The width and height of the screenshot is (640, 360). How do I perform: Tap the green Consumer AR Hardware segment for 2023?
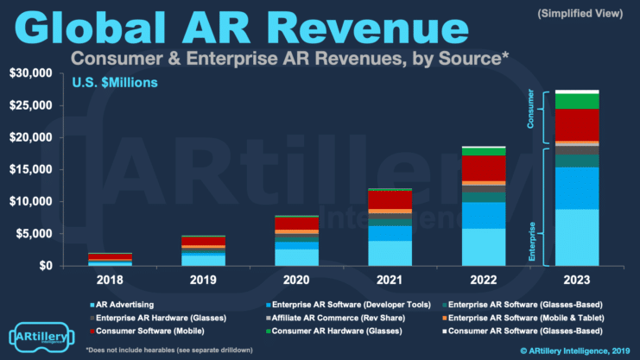[576, 101]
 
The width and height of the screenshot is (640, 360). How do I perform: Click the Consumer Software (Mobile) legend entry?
[142, 329]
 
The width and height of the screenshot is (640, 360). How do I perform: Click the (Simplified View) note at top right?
[581, 14]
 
